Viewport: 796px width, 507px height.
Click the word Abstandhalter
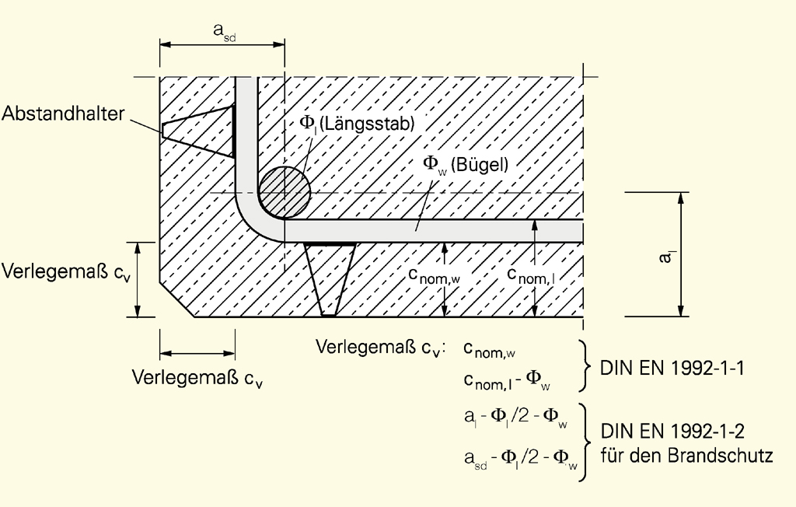click(x=63, y=114)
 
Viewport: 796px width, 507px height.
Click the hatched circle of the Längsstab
click(x=284, y=192)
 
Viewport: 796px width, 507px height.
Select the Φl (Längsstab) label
click(x=358, y=124)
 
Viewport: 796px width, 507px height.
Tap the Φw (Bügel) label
click(x=465, y=164)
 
